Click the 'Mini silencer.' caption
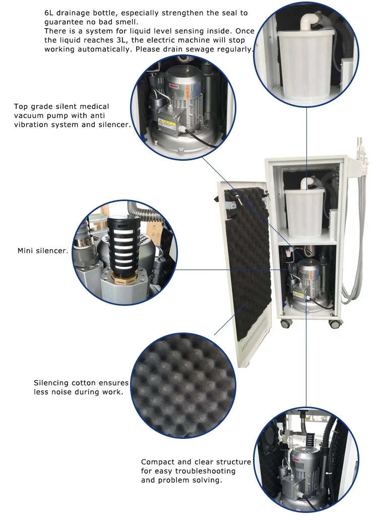tap(43, 250)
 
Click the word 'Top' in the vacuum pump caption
tap(21, 106)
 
